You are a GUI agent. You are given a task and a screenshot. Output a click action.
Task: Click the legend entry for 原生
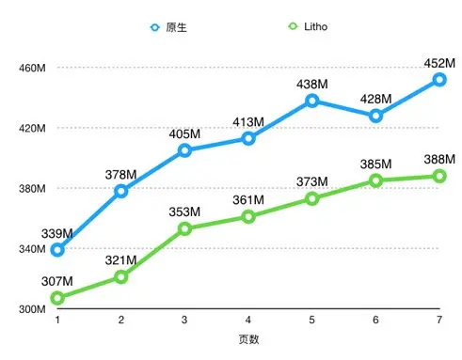click(x=169, y=27)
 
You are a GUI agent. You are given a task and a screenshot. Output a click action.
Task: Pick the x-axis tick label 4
click(x=248, y=321)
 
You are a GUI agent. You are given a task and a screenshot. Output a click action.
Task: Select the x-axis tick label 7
click(x=439, y=321)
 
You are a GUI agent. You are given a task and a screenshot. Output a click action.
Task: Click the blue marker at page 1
click(x=57, y=250)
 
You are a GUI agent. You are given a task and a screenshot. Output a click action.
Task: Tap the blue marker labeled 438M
click(x=312, y=101)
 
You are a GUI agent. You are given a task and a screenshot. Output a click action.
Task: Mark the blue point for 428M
click(x=375, y=116)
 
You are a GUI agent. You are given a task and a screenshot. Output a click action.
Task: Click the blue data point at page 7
click(x=439, y=80)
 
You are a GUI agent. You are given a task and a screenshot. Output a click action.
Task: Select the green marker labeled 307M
click(x=57, y=298)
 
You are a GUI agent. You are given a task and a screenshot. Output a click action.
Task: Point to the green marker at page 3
click(x=184, y=228)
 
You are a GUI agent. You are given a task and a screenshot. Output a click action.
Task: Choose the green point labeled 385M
click(x=375, y=180)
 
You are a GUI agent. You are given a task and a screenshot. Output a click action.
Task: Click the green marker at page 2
click(x=121, y=277)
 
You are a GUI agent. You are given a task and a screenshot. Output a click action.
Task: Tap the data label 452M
click(x=439, y=63)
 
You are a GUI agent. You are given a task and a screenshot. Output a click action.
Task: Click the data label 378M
click(x=121, y=174)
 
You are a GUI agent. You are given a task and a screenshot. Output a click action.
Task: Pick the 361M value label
click(x=248, y=200)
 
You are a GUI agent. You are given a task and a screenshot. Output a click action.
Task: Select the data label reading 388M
click(x=439, y=159)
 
